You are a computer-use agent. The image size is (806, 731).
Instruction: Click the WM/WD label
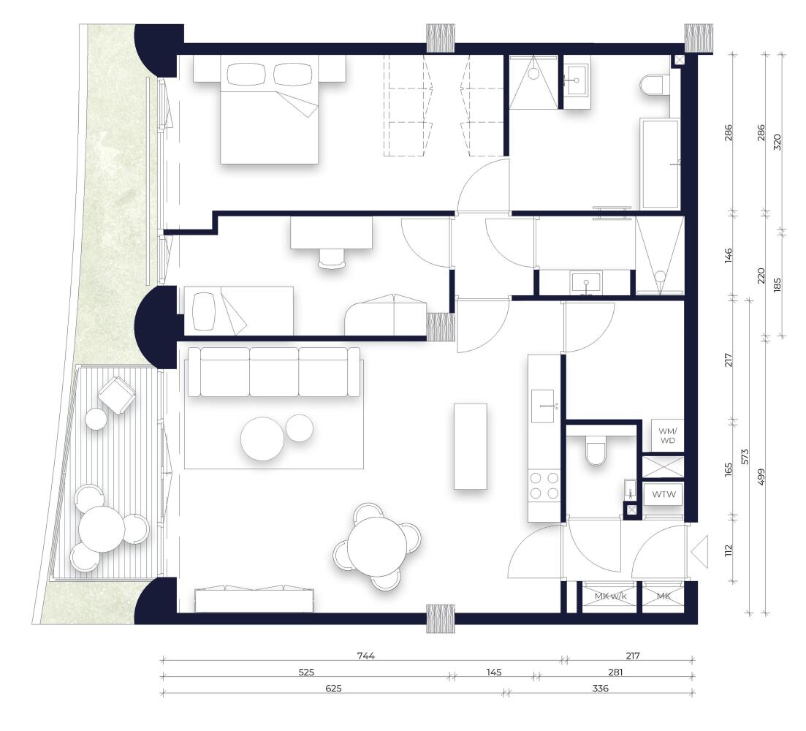point(668,436)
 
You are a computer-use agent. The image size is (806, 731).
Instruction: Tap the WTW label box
point(664,495)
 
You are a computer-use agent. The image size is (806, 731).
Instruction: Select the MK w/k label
point(611,596)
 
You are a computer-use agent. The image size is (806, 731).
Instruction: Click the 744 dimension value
point(366,656)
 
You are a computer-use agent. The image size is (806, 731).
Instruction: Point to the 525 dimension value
point(306,672)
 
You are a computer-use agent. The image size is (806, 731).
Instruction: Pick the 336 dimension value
point(600,689)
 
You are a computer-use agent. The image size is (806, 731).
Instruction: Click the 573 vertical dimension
point(745,456)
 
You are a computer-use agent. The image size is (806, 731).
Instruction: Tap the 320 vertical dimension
point(777,142)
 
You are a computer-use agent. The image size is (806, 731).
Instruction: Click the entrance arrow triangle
point(699,552)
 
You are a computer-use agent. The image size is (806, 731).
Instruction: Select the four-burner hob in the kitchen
point(544,485)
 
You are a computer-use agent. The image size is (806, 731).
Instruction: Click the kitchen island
point(471,446)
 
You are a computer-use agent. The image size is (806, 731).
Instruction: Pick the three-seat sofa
point(274,371)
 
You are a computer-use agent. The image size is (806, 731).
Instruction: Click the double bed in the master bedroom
point(270,110)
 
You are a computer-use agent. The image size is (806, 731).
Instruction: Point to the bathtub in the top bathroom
point(661,164)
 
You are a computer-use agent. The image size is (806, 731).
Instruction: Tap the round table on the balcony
point(102,529)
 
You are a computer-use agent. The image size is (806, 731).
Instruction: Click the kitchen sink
point(542,406)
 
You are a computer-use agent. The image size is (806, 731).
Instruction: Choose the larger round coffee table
point(262,439)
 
